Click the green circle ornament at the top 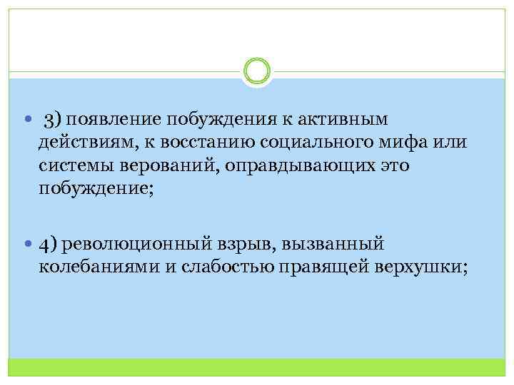256,71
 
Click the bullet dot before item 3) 26,118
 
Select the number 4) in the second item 49,244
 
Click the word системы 76,165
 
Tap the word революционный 136,244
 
